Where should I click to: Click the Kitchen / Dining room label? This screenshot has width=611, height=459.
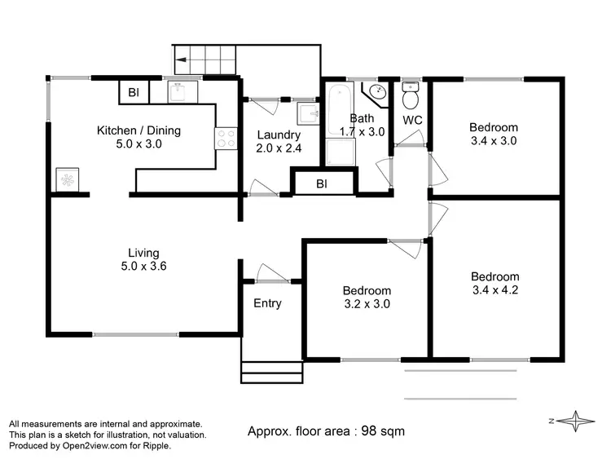pos(138,130)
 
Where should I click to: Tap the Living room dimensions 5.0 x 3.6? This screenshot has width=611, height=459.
pos(143,266)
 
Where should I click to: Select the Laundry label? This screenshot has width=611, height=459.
pos(279,135)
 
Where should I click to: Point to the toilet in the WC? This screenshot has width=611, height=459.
pos(411,99)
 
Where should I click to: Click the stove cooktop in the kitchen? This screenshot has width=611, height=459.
pos(226,139)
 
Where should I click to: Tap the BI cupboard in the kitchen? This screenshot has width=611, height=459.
pos(133,93)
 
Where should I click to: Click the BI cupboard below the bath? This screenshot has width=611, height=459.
pos(322,184)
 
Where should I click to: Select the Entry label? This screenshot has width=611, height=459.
pos(267,303)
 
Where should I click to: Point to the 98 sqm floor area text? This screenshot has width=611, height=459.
pos(326,430)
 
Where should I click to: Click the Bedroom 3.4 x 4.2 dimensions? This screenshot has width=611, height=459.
pos(495,289)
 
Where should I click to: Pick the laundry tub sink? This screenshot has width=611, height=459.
pos(308,112)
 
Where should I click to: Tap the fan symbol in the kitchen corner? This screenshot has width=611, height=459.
pos(66,179)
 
